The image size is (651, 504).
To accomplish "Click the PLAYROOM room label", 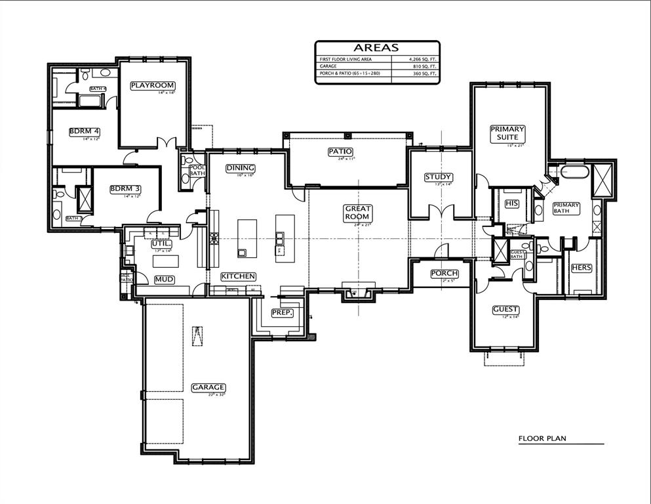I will pos(152,85).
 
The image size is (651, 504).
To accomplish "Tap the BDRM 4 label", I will pos(85,131).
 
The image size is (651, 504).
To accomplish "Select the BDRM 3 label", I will pos(125,189).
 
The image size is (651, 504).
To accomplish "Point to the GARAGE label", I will pos(208,387).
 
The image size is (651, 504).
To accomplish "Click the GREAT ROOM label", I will pos(358,213).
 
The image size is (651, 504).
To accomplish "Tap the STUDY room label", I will pos(439,177).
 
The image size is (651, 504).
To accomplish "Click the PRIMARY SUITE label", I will pos(507,133).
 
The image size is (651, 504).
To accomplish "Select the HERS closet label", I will pos(582,268).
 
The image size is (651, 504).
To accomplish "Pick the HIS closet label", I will pos(512,203).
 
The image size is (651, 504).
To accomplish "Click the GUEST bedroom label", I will pos(505,309).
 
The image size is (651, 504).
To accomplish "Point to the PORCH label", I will pos(444,273).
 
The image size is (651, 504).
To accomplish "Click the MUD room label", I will pos(164,280).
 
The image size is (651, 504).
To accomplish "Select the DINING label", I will pos(240,168).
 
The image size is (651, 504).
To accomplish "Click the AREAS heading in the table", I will pos(376,47).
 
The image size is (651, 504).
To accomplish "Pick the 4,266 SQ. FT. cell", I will pos(415,59).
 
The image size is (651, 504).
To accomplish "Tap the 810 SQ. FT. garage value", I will pos(415,66).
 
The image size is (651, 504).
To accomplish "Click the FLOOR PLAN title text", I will pos(542,438).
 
